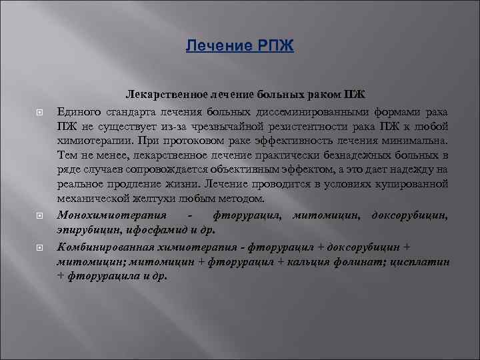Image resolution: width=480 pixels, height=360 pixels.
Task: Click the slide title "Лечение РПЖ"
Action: click(x=240, y=46)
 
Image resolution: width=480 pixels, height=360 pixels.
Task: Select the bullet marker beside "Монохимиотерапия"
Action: click(x=40, y=215)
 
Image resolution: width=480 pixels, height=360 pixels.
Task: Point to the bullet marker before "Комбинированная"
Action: click(x=40, y=247)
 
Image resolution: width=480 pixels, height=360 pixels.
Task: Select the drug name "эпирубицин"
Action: click(x=85, y=230)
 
